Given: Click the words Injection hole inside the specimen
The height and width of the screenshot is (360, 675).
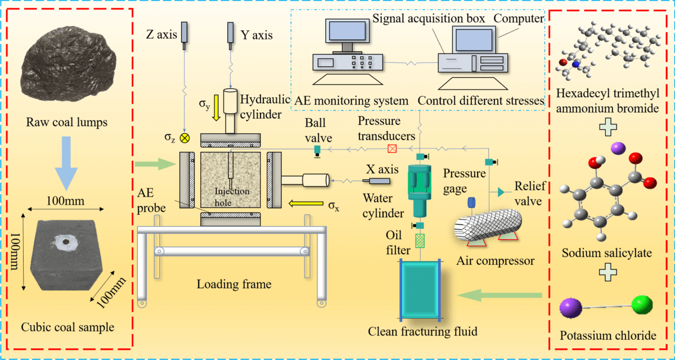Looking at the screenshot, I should tap(231, 195).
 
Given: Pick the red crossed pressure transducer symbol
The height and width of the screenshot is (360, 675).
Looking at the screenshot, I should tap(393, 149).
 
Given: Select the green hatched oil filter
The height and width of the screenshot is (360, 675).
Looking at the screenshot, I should tap(419, 240).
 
